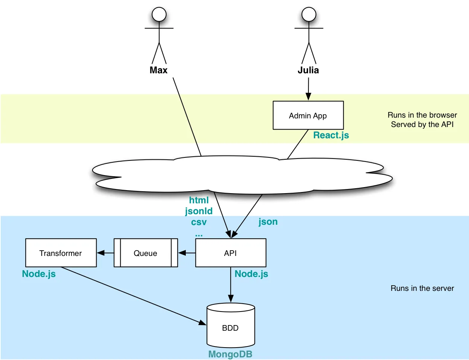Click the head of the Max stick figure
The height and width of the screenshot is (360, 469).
[159, 15]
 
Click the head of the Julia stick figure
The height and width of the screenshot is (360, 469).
[309, 15]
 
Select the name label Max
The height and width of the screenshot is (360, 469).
[158, 70]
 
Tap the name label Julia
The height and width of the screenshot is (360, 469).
[308, 70]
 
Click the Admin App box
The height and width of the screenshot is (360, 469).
[308, 115]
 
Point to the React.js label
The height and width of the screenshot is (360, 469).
[331, 135]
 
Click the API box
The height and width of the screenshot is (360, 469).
[231, 253]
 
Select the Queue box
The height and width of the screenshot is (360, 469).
[146, 253]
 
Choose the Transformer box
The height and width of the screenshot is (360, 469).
[61, 253]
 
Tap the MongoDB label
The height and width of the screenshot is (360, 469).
[230, 354]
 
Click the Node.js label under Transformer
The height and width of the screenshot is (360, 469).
[39, 274]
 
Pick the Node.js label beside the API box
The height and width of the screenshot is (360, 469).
[251, 274]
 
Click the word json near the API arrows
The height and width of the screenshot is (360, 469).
[268, 222]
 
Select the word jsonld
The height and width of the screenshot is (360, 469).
[199, 211]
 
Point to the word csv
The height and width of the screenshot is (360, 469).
[199, 222]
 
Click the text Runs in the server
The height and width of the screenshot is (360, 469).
[422, 288]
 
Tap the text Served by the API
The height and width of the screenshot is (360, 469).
[422, 124]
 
